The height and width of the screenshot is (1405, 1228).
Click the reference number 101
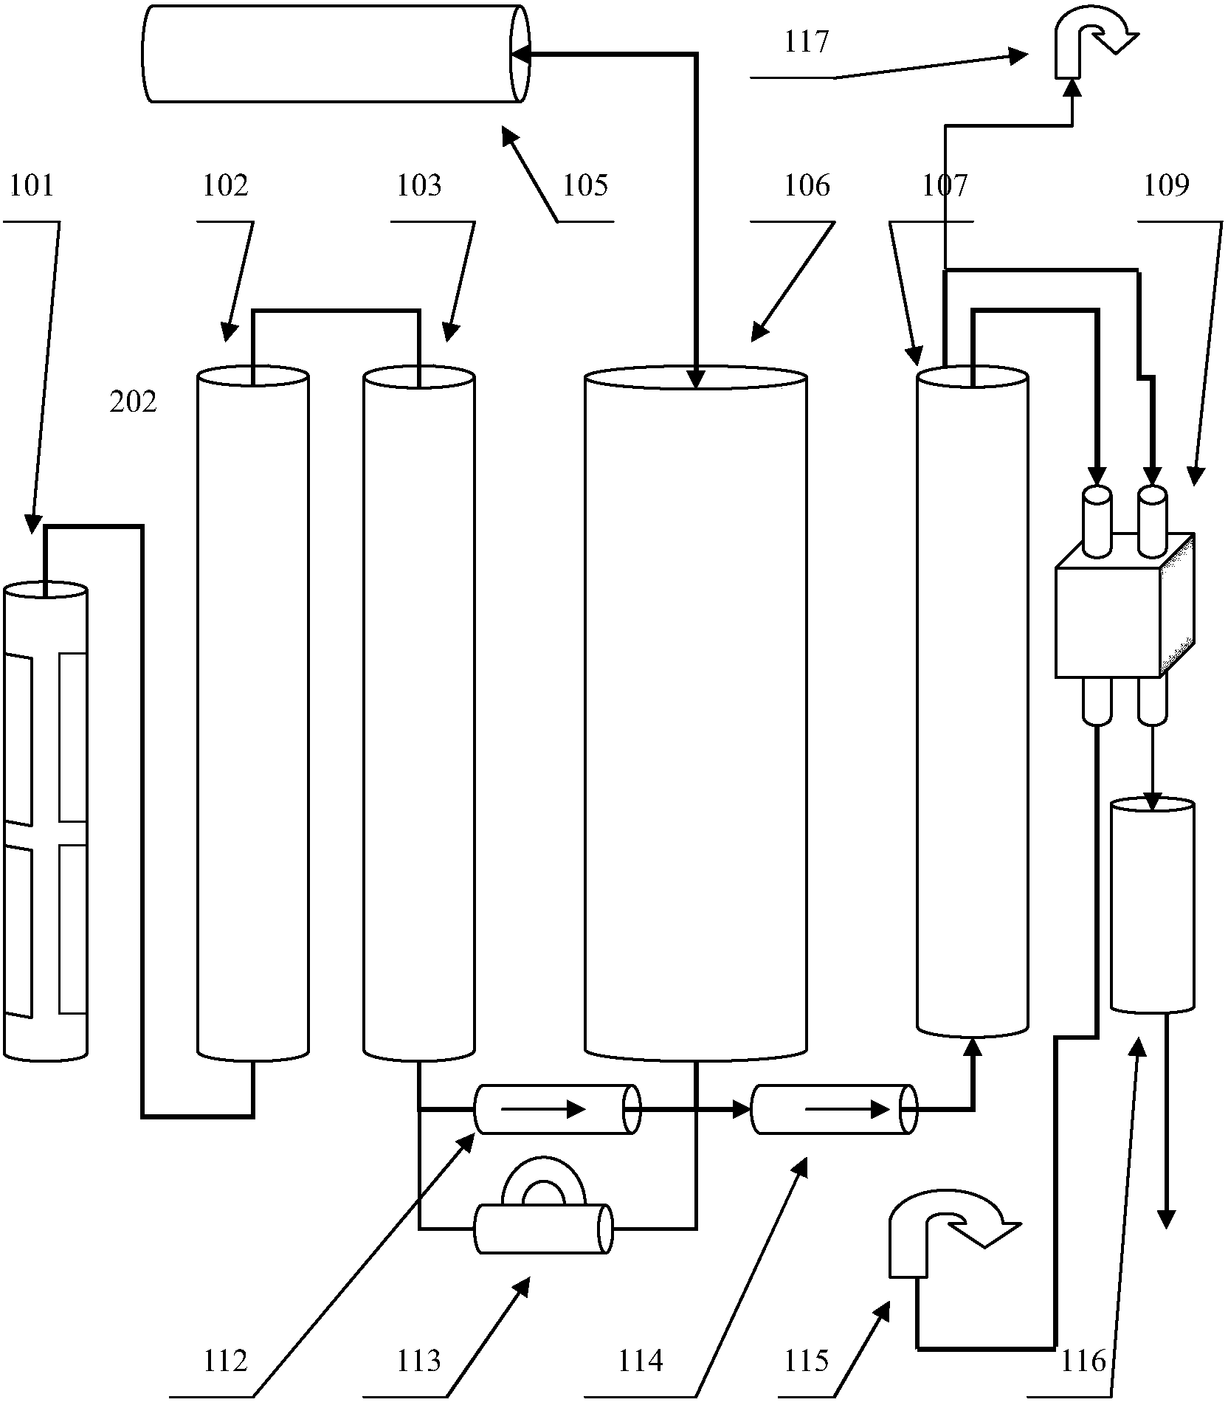click(x=32, y=185)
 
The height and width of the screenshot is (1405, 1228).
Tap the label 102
click(x=225, y=185)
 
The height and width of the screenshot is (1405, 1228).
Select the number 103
click(x=418, y=185)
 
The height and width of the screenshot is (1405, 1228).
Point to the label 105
click(x=585, y=185)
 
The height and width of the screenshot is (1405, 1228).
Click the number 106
click(x=807, y=185)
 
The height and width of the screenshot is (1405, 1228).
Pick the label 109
click(x=1167, y=185)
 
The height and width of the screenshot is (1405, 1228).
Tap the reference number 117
click(x=807, y=42)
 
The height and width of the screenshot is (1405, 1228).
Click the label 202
click(x=133, y=402)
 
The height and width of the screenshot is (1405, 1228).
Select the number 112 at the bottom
click(x=225, y=1360)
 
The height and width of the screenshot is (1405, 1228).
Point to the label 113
click(x=418, y=1360)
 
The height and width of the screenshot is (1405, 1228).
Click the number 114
click(x=640, y=1360)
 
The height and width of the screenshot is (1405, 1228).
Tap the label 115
click(x=807, y=1360)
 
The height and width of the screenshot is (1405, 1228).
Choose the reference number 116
click(x=1083, y=1360)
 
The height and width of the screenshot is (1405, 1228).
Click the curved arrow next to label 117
click(x=1092, y=41)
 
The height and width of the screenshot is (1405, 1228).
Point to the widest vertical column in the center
click(x=695, y=716)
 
